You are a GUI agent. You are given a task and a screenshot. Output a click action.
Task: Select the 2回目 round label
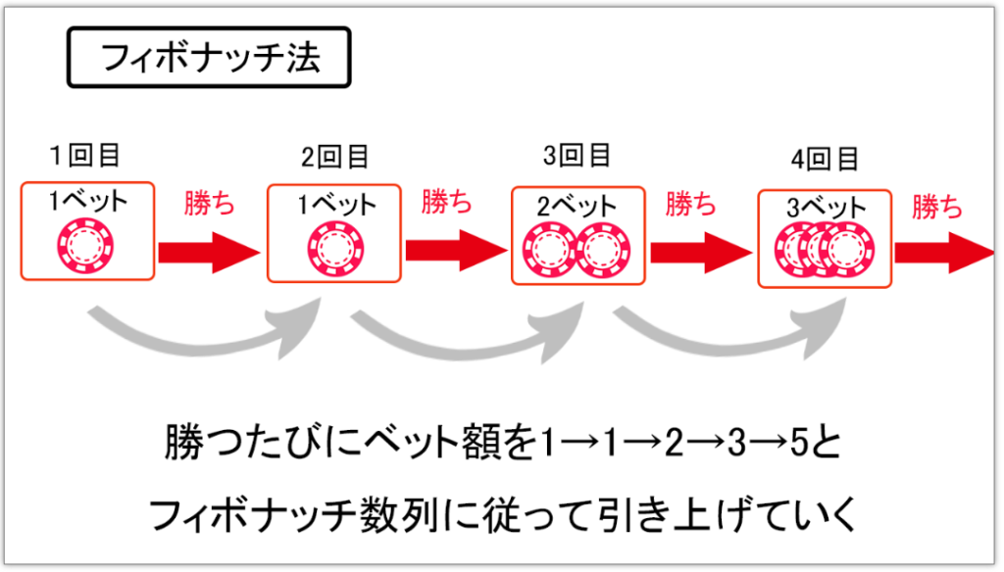(336, 157)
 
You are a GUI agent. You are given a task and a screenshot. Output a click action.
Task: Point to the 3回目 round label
(578, 155)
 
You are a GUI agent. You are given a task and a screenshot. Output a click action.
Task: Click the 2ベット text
(577, 207)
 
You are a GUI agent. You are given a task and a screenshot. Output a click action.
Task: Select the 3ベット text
(826, 209)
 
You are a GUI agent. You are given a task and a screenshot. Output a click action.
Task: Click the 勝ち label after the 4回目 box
(937, 207)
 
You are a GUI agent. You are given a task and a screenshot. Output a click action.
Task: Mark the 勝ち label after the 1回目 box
(210, 203)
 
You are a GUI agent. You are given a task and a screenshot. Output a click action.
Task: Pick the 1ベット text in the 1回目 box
(88, 203)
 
